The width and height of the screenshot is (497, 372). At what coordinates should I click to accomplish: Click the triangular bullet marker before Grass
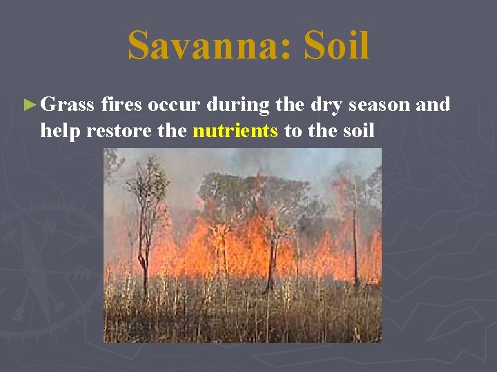pyautogui.click(x=28, y=105)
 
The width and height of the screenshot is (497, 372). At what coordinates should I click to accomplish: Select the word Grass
pyautogui.click(x=67, y=105)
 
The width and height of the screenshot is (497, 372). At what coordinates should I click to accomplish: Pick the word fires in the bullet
pyautogui.click(x=121, y=105)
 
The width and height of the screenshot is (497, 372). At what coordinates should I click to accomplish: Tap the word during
pyautogui.click(x=235, y=105)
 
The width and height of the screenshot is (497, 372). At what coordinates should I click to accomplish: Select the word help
pyautogui.click(x=62, y=130)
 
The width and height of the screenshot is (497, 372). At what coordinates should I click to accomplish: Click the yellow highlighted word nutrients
pyautogui.click(x=235, y=130)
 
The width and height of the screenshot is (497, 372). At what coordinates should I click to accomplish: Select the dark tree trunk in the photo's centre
pyautogui.click(x=271, y=262)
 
